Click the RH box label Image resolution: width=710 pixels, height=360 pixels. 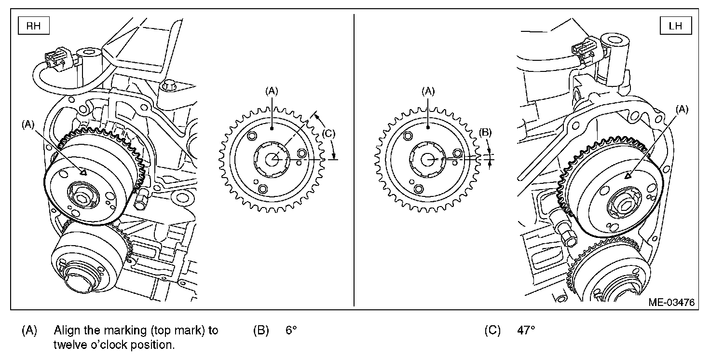[x=33, y=26]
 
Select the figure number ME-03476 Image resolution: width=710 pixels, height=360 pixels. [x=671, y=303]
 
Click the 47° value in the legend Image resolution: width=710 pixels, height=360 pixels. [x=526, y=331]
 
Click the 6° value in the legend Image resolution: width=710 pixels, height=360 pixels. [x=291, y=331]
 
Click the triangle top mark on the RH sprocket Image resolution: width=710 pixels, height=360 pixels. [x=83, y=171]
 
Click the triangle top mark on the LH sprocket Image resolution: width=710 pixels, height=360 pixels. [x=628, y=177]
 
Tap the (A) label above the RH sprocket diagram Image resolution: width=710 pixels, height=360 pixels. [x=272, y=90]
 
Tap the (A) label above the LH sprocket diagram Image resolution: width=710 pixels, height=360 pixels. [x=428, y=90]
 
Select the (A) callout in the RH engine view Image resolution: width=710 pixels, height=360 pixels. [x=28, y=124]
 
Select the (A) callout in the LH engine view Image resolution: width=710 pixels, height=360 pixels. [x=682, y=110]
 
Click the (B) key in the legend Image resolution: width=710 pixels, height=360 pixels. [x=261, y=331]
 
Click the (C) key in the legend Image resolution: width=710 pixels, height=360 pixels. [x=493, y=331]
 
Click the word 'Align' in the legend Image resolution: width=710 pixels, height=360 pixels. [x=65, y=331]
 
